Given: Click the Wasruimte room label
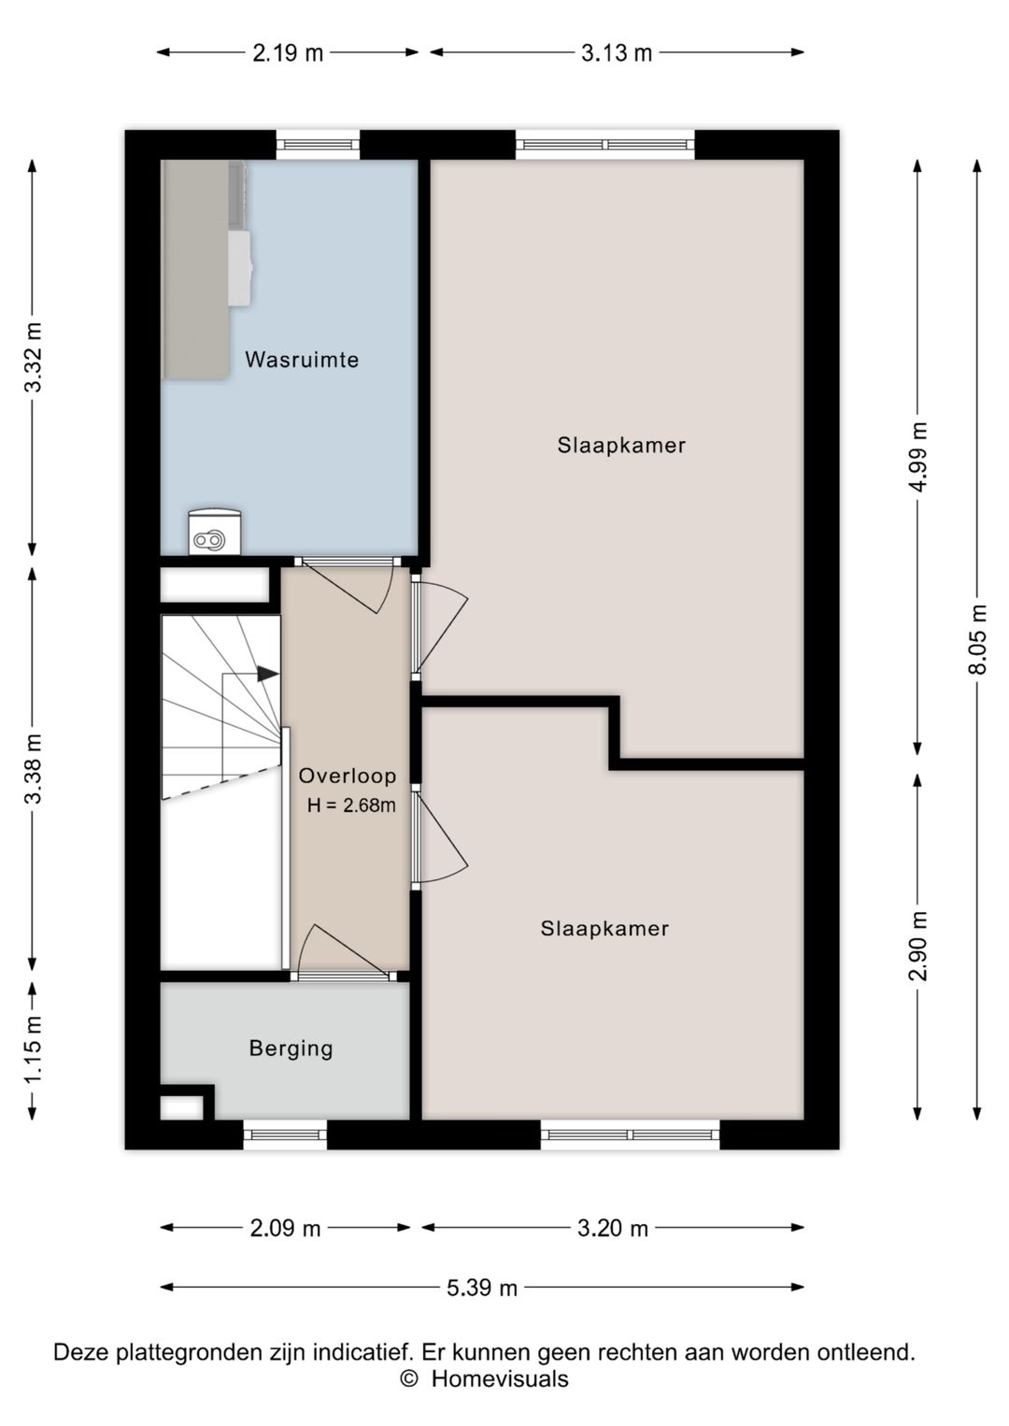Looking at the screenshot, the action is (302, 360).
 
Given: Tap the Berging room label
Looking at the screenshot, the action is (291, 1048).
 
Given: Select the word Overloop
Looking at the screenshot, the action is (348, 776).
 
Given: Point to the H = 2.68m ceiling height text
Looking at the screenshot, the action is (351, 806).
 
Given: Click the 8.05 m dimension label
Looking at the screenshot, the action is (978, 638).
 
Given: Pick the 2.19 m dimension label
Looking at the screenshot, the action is (288, 53).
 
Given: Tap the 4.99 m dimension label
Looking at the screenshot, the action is (918, 456).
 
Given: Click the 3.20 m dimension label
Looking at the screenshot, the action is (613, 1228).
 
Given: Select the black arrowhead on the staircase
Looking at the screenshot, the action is (268, 674).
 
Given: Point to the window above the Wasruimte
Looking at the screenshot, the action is (318, 145).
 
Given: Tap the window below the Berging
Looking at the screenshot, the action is (285, 1135).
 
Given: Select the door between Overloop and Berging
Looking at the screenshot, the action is (344, 953).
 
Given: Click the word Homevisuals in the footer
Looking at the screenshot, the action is (500, 1379).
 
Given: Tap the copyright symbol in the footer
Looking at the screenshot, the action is (408, 1379).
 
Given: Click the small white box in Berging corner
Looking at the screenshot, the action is (181, 1107).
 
